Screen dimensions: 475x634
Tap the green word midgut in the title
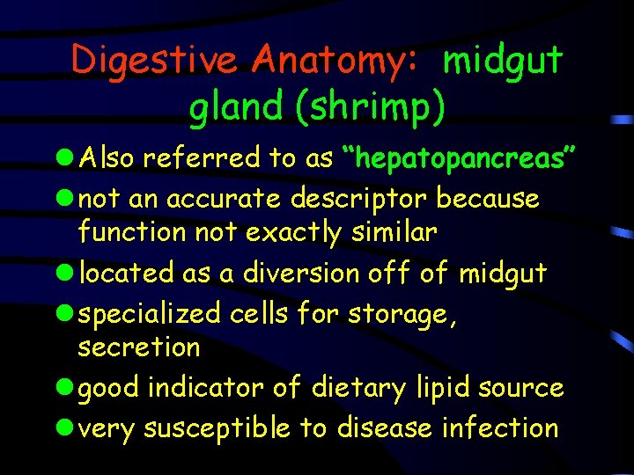pyautogui.click(x=503, y=60)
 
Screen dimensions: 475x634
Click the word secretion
pyautogui.click(x=139, y=347)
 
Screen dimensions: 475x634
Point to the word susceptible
pyautogui.click(x=217, y=428)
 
